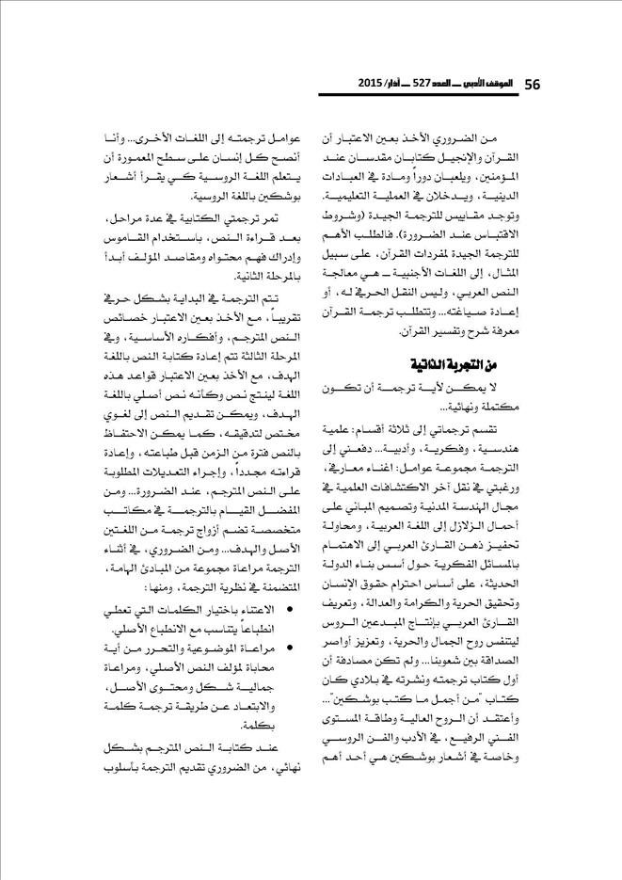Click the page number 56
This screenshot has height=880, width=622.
[530, 84]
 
